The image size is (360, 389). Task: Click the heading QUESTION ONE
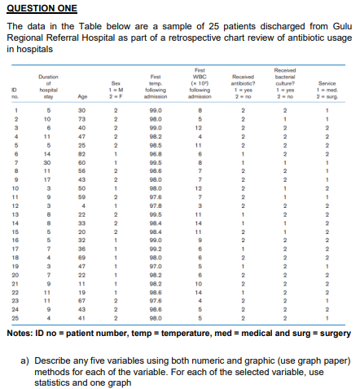point(42,8)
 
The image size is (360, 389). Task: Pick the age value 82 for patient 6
point(82,153)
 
